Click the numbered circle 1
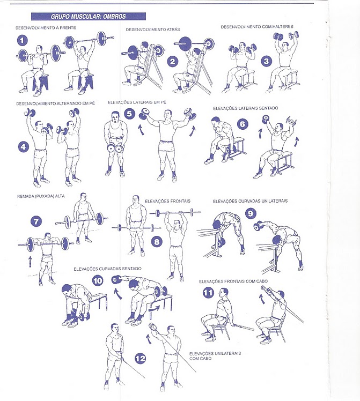pos(23,40)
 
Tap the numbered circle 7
pos(36,221)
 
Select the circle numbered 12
pos(140,358)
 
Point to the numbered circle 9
pos(251,213)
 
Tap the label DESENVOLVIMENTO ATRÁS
pos(153,29)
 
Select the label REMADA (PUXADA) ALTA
pos(41,196)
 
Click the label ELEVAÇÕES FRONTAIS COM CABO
pos(233,281)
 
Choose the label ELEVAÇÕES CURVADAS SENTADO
pos(107,269)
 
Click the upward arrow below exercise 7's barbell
pos(30,262)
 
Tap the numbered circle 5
pos(130,113)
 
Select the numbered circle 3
pos(267,61)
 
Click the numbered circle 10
pos(98,281)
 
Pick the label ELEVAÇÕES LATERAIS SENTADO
pos(246,108)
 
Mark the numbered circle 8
pos(157,242)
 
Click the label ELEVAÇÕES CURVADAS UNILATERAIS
pos(250,201)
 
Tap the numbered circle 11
pos(208,293)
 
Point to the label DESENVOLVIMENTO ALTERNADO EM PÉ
pos(55,103)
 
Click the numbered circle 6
pos(243,124)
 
